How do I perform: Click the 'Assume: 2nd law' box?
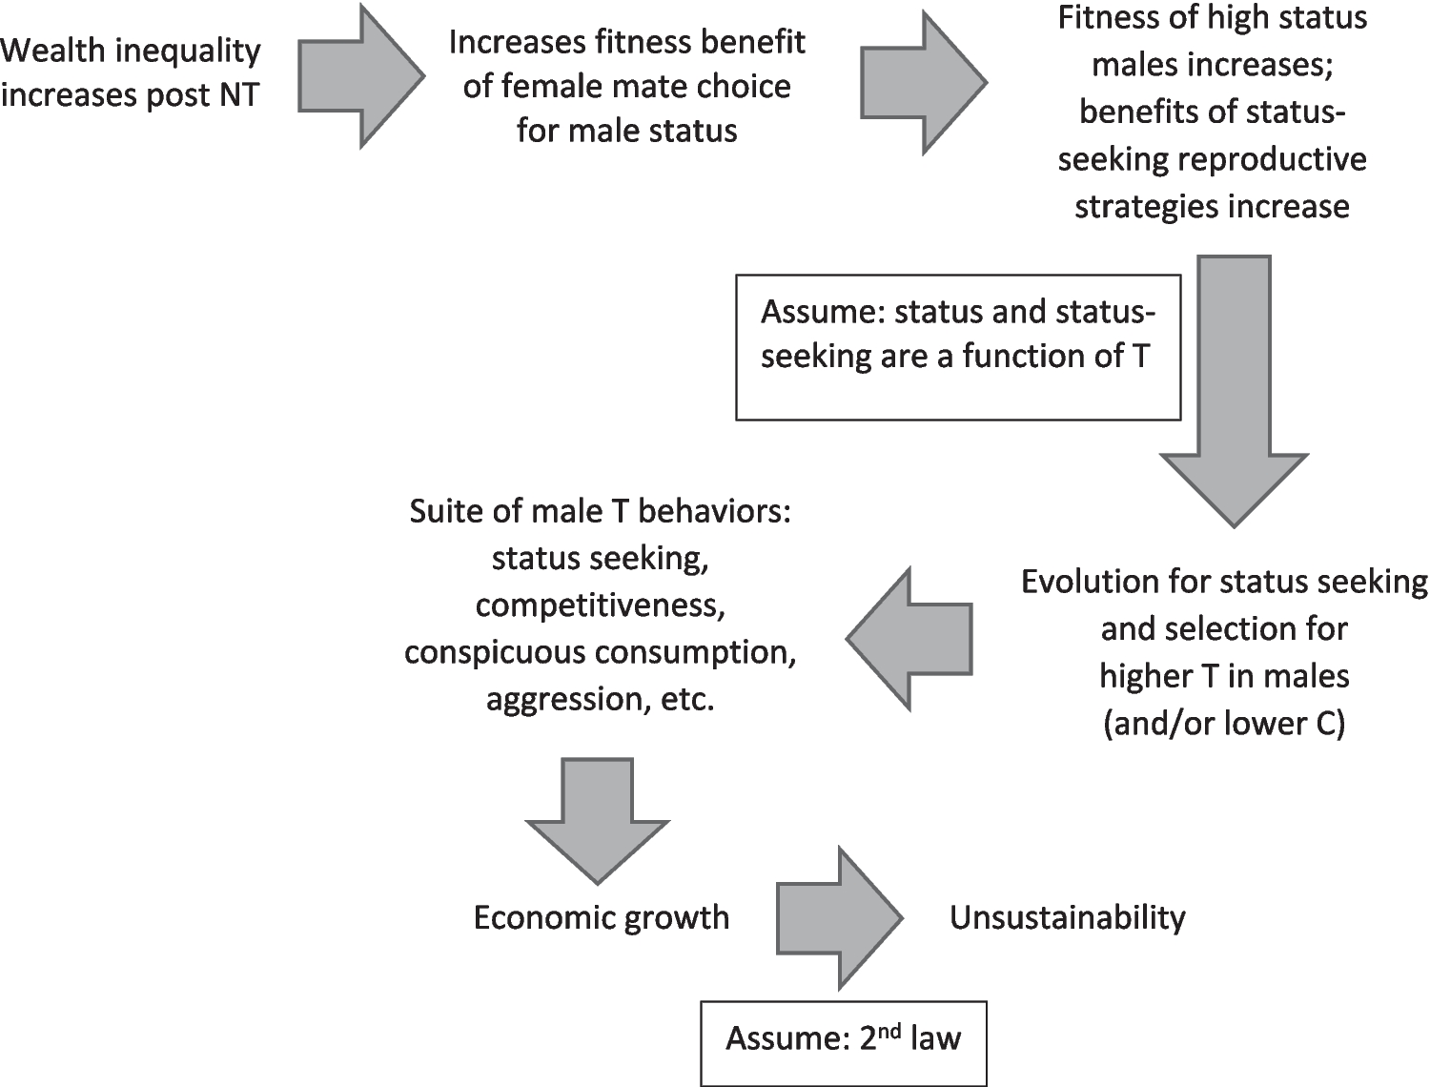click(843, 1041)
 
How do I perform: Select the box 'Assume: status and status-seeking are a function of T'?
click(958, 347)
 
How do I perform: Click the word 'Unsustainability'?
click(1067, 917)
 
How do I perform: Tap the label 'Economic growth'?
click(602, 917)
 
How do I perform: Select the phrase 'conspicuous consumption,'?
click(601, 653)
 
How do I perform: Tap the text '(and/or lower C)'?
click(1224, 724)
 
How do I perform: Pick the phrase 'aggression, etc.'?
click(601, 700)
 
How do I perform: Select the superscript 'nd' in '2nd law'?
click(889, 1030)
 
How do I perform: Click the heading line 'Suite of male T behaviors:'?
click(601, 512)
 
